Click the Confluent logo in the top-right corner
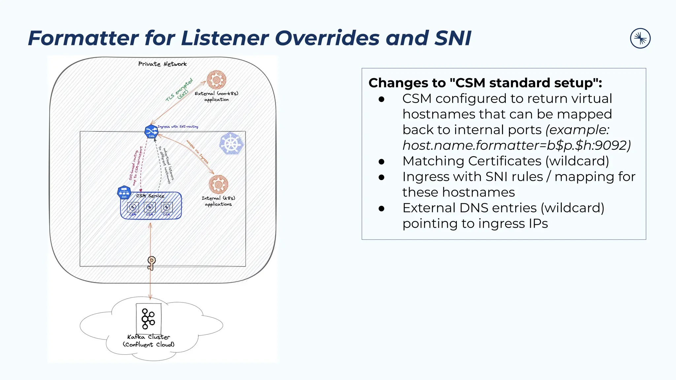coord(640,38)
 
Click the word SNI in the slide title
coord(453,38)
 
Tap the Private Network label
coord(162,64)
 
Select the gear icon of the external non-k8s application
coord(216,80)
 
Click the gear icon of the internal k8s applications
coord(218,184)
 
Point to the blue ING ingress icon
coord(151,132)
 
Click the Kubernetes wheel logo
coord(231,143)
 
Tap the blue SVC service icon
coord(124,192)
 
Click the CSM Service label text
coord(150,196)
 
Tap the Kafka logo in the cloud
coord(148,319)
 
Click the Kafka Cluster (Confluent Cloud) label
coord(149,341)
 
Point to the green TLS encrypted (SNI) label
coord(180,90)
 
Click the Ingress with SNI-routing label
coord(178,127)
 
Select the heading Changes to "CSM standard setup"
coord(485,83)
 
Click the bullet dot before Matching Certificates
coord(382,161)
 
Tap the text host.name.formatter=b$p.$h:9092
coord(516,145)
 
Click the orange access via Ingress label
coord(197,152)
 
